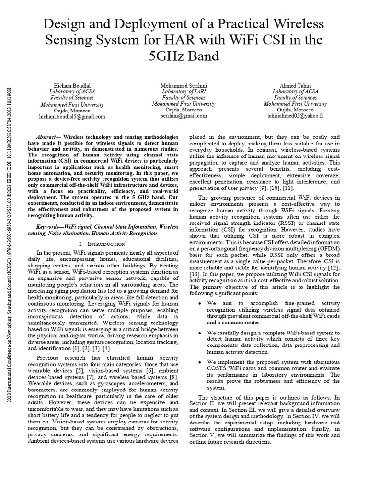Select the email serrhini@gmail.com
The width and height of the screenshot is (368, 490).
184,116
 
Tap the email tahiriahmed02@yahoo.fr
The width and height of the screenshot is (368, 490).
295,116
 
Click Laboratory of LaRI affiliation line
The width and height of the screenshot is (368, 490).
184,91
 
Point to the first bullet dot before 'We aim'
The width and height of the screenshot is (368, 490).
199,303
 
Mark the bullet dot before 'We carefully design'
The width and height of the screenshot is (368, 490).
199,332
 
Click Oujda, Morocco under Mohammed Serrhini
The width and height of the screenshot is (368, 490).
184,110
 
